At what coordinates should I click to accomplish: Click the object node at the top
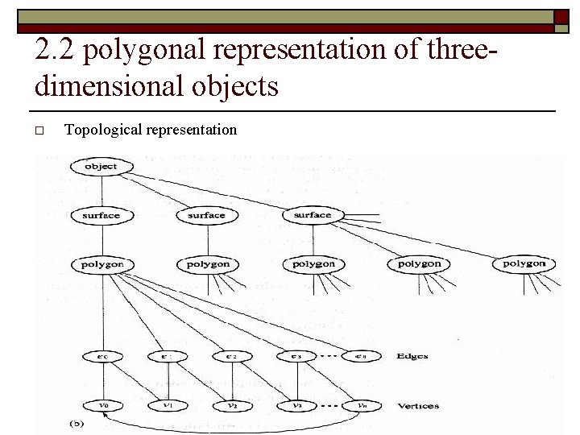tap(101, 167)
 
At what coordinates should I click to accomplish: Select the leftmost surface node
tap(101, 216)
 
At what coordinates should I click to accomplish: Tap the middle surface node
tap(206, 216)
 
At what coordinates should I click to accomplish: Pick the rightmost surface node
tap(313, 215)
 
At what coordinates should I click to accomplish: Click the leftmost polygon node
tap(102, 264)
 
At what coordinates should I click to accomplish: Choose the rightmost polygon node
tap(524, 263)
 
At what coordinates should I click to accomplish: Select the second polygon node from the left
tap(208, 264)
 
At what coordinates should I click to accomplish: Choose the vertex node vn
tap(362, 405)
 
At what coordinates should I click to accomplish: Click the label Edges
tap(412, 356)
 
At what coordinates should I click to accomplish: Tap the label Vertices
tap(418, 405)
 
